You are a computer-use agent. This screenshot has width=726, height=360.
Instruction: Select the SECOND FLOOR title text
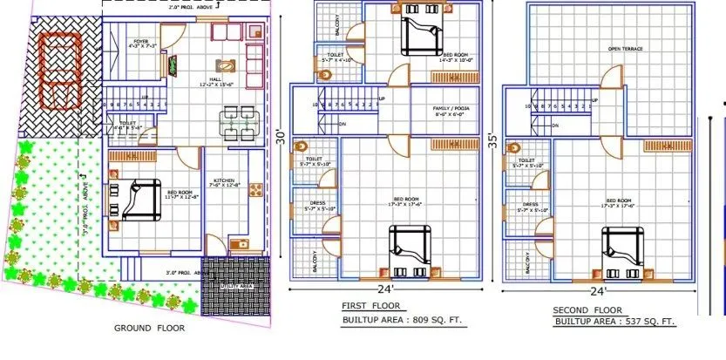coord(587,309)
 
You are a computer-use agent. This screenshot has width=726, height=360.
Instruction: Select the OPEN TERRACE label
coord(625,49)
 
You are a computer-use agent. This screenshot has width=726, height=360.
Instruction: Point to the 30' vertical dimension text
coord(280,138)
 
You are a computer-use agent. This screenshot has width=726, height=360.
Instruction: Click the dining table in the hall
coord(233,122)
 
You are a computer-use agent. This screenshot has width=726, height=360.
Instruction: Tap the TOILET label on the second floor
coord(526,160)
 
